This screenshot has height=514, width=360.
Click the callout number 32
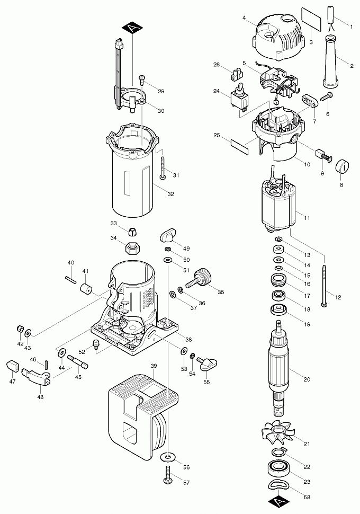170,194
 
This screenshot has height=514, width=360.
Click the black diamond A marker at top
132,29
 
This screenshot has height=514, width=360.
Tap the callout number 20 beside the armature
307,379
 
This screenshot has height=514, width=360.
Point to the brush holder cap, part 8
343,165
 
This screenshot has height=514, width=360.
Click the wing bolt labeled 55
208,363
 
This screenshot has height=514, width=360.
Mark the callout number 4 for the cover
244,17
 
